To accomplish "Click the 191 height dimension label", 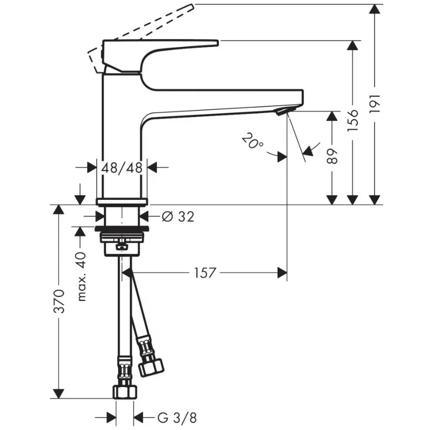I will click(x=375, y=105).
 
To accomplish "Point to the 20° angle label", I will click(x=253, y=142).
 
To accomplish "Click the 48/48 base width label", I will click(x=121, y=168).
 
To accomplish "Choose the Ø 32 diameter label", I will click(x=178, y=217).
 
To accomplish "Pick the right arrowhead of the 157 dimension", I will click(x=282, y=273).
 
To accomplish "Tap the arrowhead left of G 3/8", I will click(x=111, y=417).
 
